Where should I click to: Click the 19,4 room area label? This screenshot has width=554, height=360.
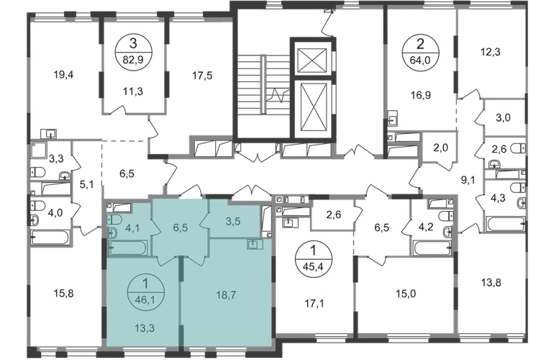(64, 75)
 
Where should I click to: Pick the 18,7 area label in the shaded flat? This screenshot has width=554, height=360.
(226, 295)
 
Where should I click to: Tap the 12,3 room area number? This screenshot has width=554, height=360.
(491, 52)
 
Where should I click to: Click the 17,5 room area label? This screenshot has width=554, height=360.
(202, 76)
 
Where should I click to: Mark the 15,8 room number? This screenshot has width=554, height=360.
(64, 293)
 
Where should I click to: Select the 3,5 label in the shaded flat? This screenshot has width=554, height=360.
(233, 221)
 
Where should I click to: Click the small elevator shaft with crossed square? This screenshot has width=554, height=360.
(311, 60)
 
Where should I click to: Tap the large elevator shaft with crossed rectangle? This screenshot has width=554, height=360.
(311, 108)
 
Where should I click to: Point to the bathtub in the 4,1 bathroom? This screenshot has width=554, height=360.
(129, 248)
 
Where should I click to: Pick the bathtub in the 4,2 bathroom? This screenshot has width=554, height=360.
(433, 248)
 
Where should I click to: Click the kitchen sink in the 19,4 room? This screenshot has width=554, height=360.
(49, 134)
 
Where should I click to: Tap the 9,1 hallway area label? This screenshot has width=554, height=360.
(468, 180)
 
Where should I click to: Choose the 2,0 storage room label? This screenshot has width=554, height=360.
(440, 148)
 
